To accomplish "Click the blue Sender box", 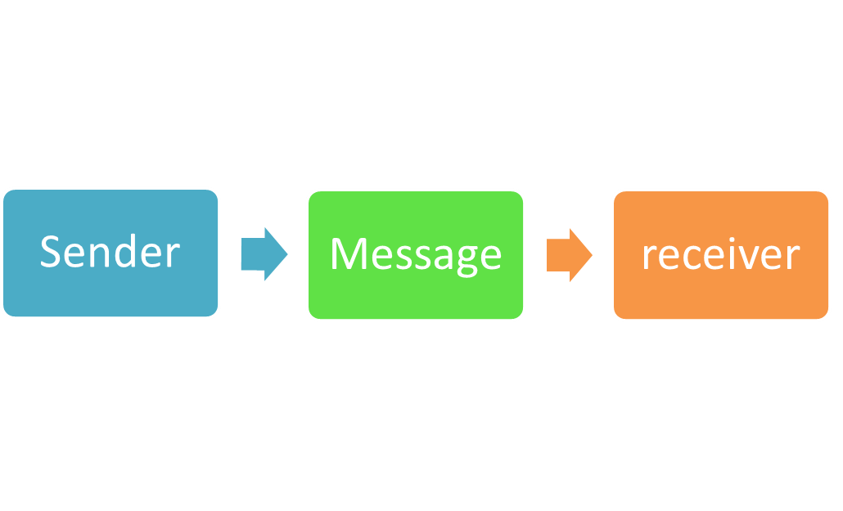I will coord(110,253).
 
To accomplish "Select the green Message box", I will coord(416,255).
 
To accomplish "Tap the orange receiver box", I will coord(721,255).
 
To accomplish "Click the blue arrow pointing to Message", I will coord(263,254).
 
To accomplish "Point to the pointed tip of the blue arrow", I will coord(287,254).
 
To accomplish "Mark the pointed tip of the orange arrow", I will coord(593,255).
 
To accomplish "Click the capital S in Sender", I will coord(51,252).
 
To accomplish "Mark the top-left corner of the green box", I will coord(309,192).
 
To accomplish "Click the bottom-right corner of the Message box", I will coord(522,318).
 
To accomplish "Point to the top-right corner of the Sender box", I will coord(217,191).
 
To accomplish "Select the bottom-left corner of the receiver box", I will coord(615,318).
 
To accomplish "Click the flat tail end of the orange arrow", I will coord(548,255).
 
